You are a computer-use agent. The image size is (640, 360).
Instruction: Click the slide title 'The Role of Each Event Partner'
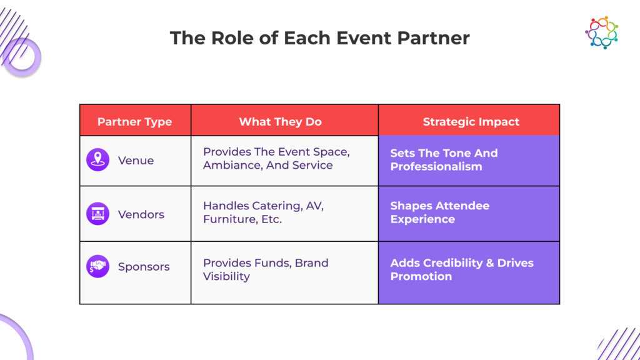319,38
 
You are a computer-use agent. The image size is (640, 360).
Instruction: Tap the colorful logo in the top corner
601,32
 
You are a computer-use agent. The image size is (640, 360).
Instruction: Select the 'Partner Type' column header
134,122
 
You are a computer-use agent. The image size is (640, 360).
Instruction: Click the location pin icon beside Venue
97,160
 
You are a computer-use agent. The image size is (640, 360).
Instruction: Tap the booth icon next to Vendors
97,214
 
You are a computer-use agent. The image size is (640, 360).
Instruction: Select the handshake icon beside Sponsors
97,266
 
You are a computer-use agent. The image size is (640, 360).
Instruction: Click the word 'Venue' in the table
136,161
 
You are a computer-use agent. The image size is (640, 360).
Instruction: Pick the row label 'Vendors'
141,214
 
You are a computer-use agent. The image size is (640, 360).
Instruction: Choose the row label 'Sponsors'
144,267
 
